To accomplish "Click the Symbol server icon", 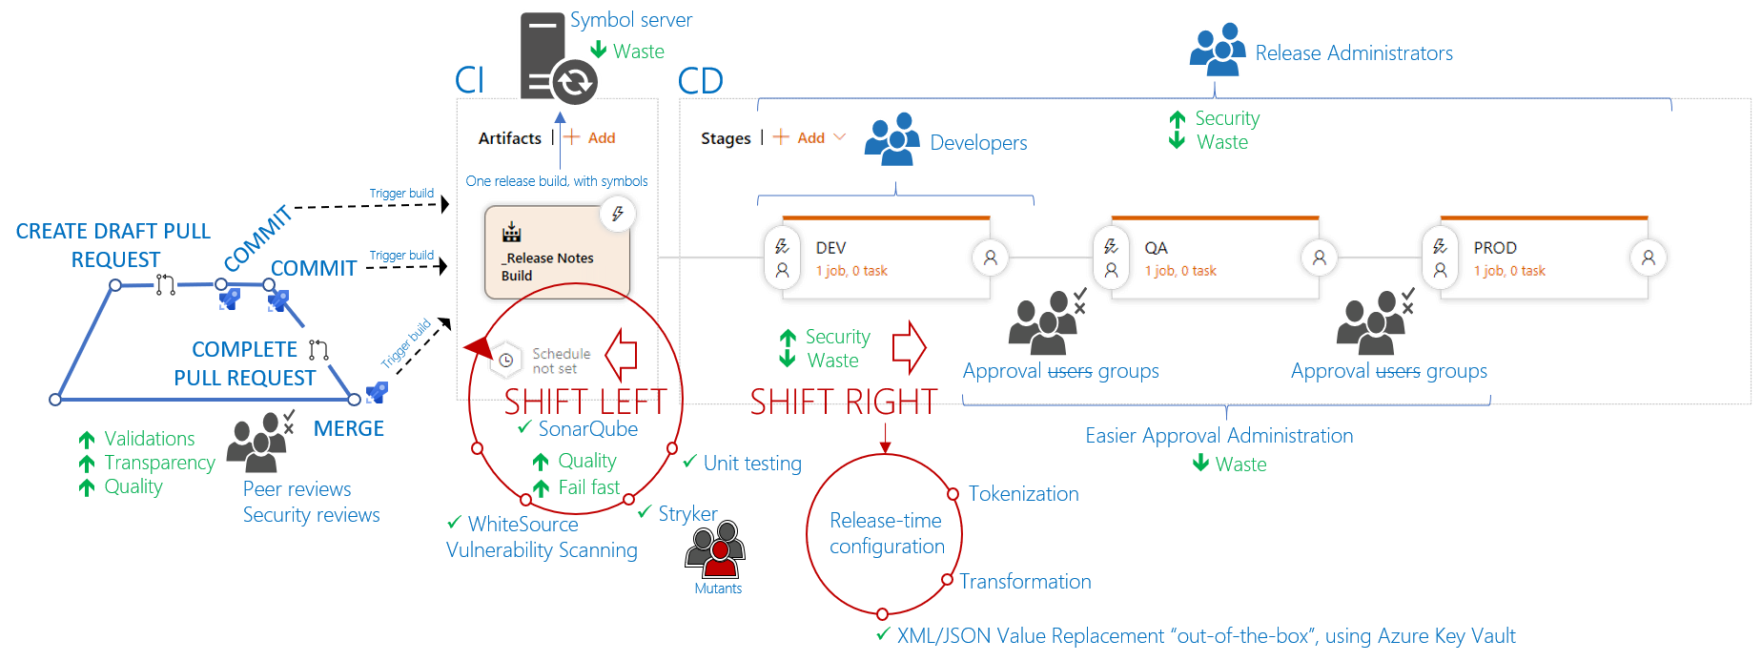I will [x=558, y=57].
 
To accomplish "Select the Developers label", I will [x=978, y=143].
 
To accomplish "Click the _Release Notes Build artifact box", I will [x=557, y=253].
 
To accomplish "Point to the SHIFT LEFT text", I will [x=584, y=403].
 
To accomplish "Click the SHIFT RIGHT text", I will [x=844, y=403].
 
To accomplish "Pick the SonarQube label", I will [x=587, y=429].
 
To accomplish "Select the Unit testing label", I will [x=751, y=464].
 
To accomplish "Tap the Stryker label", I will [x=686, y=514].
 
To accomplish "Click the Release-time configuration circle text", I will [x=886, y=533].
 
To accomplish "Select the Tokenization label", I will [x=1023, y=494].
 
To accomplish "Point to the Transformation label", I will [x=1025, y=582].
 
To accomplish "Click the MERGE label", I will [x=348, y=429].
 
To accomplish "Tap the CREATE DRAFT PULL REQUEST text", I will [x=113, y=245].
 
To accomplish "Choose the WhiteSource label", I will [x=522, y=525].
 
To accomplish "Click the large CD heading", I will [x=700, y=82].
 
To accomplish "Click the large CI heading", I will [x=469, y=81].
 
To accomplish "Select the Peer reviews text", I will [x=297, y=489].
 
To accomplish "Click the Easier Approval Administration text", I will [x=1219, y=436].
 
